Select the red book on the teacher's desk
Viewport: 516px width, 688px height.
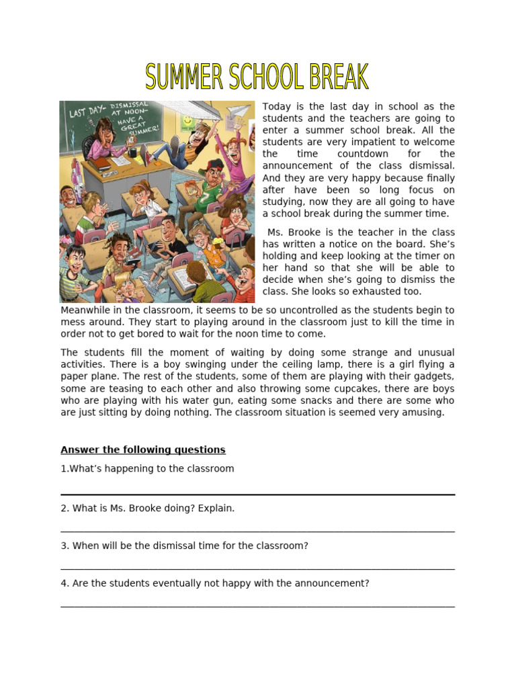(x=101, y=163)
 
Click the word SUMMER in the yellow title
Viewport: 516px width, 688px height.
(x=184, y=77)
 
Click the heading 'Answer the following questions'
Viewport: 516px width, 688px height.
(x=142, y=449)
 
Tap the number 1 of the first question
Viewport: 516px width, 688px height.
(x=63, y=468)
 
